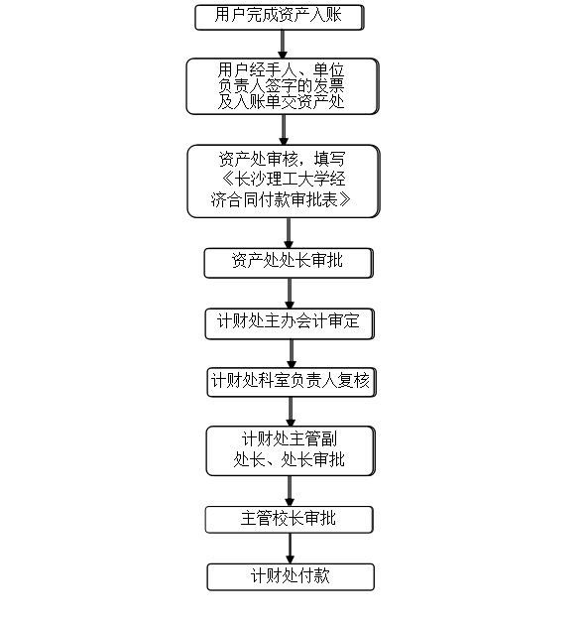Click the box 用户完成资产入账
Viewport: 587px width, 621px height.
click(279, 17)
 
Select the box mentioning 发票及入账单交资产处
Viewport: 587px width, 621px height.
click(283, 86)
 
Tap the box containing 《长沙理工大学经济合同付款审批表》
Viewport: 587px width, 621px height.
click(284, 181)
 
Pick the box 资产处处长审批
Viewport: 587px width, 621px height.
click(289, 263)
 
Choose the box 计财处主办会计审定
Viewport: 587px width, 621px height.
click(290, 323)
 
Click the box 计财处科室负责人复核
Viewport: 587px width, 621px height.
click(292, 382)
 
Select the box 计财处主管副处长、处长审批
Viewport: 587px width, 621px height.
click(291, 450)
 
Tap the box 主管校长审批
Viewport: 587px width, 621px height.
click(289, 520)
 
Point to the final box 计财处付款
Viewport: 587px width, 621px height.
click(291, 577)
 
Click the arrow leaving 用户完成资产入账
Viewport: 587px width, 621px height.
click(283, 45)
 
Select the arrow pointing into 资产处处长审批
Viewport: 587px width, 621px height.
click(289, 233)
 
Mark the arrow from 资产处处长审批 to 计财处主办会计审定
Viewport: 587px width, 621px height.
click(290, 294)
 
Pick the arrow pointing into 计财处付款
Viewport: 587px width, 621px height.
click(290, 549)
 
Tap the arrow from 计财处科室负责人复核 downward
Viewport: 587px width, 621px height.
click(291, 412)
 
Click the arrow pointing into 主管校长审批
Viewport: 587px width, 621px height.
click(290, 491)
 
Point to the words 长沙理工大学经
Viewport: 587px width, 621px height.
click(291, 179)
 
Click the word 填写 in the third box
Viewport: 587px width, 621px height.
click(330, 159)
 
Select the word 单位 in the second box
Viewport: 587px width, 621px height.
click(328, 70)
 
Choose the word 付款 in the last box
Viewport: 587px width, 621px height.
click(314, 575)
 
